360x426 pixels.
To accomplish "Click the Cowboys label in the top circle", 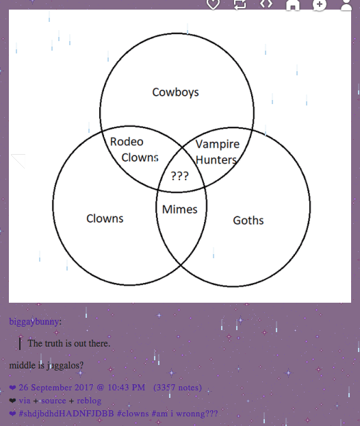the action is point(175,92).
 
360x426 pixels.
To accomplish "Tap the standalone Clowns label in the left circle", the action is point(105,218).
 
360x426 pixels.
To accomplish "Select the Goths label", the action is point(248,221).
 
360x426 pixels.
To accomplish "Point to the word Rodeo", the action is point(127,142).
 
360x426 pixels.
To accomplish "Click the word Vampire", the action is point(218,145).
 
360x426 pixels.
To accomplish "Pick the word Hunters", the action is point(216,160).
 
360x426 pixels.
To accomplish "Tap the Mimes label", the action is point(180,210).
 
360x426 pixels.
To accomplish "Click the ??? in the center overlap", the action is point(180,176).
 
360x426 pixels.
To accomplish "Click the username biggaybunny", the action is point(34,322).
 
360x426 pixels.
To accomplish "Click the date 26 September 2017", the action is point(56,388).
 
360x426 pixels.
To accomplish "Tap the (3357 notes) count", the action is point(177,388).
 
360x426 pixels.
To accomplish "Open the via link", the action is point(25,401).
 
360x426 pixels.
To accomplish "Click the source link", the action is point(53,401).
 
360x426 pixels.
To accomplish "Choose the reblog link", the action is point(89,401).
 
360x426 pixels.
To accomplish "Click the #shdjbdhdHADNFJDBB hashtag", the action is point(66,414).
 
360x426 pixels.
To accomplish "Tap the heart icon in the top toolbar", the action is point(213,4).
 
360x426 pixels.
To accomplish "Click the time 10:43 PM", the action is point(126,388).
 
